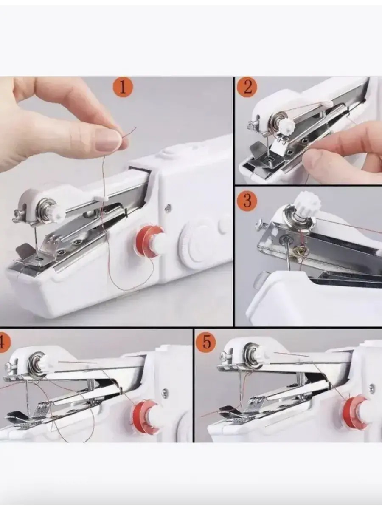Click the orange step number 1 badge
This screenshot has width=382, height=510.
tap(123, 88)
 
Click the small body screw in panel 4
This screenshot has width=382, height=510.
tap(166, 391)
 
